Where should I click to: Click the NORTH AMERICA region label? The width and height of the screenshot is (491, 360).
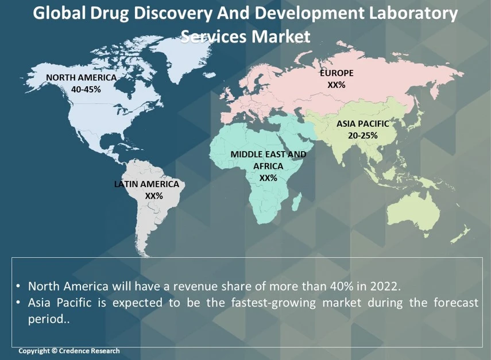81,78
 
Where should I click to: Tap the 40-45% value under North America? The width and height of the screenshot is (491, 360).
86,90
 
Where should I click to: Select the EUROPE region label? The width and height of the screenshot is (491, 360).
337,73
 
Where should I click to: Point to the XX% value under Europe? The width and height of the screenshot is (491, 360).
337,85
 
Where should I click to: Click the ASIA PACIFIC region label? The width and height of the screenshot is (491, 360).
362,123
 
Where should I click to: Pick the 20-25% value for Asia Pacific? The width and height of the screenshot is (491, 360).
362,136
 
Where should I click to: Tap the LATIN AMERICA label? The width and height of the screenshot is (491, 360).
146,184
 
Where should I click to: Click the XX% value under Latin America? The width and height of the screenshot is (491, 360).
154,196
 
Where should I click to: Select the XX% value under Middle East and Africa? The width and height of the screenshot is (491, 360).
268,178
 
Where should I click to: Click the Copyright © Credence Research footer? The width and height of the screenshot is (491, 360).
69,351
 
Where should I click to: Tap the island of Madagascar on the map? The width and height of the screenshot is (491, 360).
297,202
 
